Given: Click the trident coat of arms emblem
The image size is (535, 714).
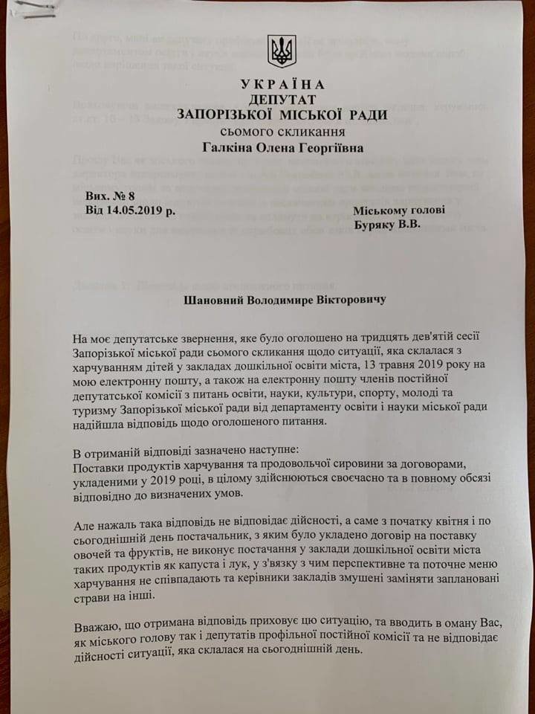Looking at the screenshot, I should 282,51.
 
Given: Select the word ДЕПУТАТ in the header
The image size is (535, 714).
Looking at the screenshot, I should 282,100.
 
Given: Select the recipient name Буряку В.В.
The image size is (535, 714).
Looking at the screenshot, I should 386,225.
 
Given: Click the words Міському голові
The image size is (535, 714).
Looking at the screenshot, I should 399,210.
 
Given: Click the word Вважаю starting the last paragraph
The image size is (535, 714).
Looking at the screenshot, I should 98,628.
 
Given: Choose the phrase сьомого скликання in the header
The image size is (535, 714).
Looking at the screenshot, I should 282,132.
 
